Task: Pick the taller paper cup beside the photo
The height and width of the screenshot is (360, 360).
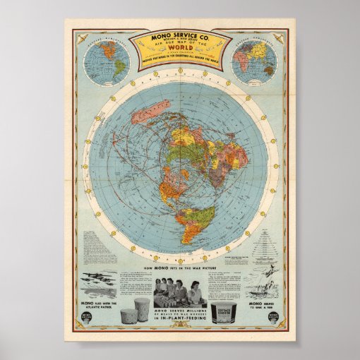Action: point(142,309)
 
